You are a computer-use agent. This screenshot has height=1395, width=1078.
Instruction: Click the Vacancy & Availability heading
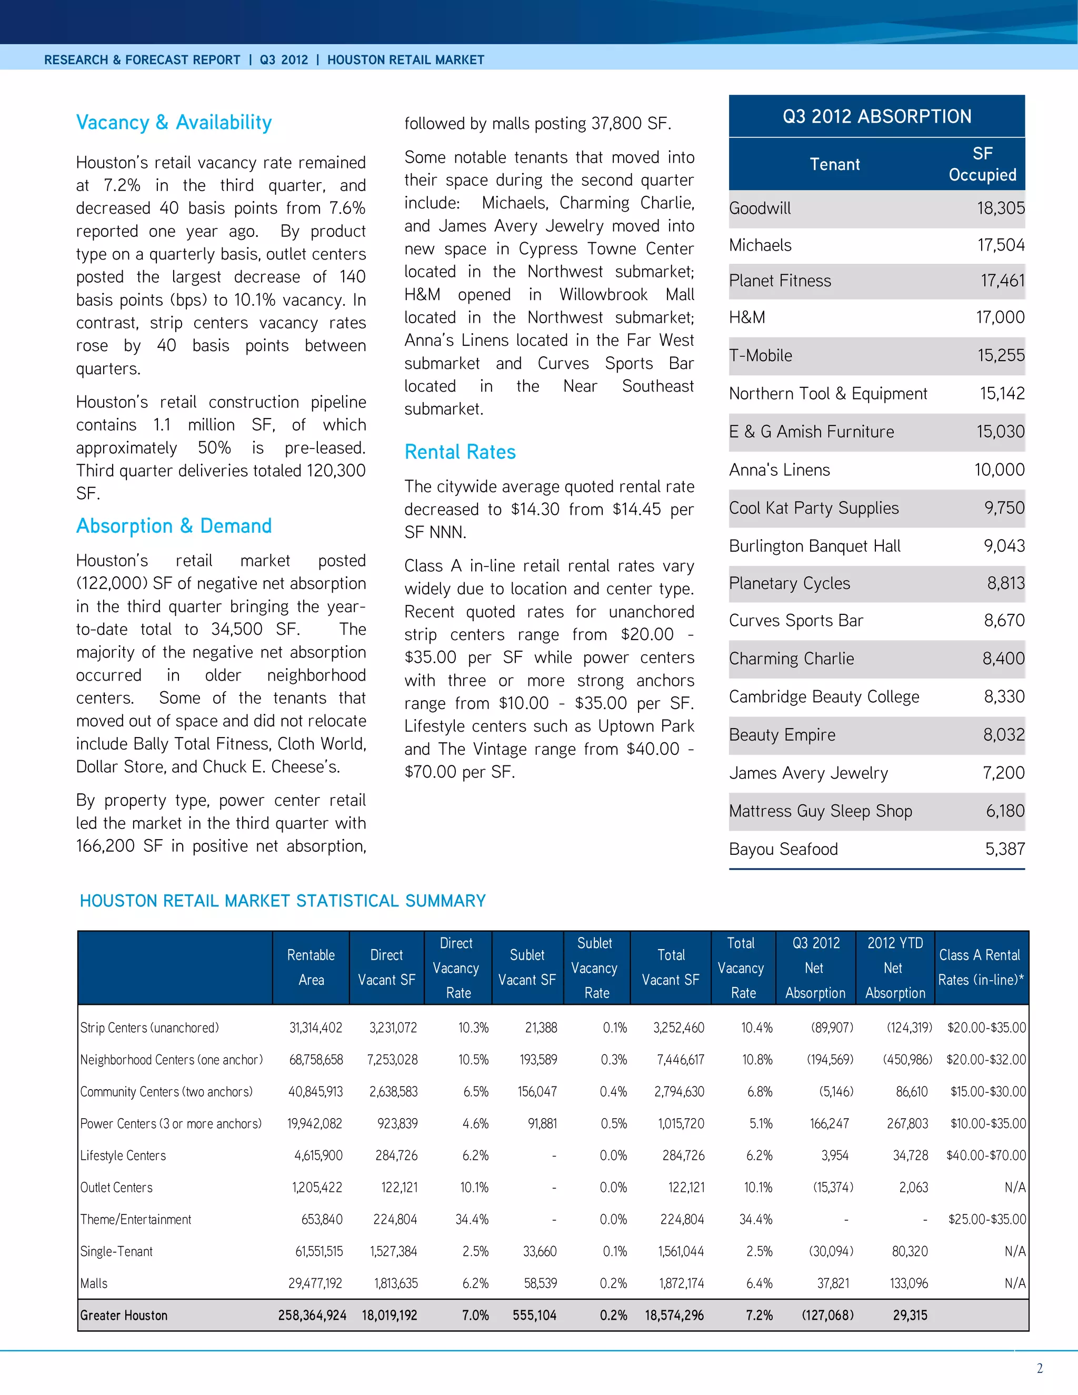[x=174, y=122]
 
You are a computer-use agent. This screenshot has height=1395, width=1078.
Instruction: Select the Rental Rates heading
[x=460, y=452]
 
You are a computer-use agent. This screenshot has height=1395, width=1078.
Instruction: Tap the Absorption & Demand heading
[x=174, y=526]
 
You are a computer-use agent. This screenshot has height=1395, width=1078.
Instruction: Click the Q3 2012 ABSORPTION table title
[x=877, y=116]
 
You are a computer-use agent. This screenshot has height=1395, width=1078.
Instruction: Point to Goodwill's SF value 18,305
[x=1000, y=208]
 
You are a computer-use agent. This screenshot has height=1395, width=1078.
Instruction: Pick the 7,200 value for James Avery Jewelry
[x=1003, y=773]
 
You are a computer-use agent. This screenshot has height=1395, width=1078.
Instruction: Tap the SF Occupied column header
[x=982, y=164]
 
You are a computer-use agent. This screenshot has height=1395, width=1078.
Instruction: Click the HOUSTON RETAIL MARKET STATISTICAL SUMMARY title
[x=282, y=901]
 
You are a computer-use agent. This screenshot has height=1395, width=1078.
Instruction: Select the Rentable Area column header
[x=311, y=967]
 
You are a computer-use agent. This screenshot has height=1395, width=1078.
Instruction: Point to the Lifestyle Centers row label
[x=123, y=1155]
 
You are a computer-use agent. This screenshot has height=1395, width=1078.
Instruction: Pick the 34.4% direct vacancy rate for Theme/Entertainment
[x=472, y=1219]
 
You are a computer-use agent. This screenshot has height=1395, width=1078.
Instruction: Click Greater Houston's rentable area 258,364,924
[x=312, y=1315]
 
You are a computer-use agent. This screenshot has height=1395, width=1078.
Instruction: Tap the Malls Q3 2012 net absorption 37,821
[x=833, y=1283]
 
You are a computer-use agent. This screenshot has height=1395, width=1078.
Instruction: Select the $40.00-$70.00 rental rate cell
[x=985, y=1155]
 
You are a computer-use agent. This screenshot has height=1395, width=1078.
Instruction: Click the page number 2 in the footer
[x=1040, y=1368]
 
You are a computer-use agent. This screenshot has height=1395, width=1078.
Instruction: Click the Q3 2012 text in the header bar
[x=284, y=60]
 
